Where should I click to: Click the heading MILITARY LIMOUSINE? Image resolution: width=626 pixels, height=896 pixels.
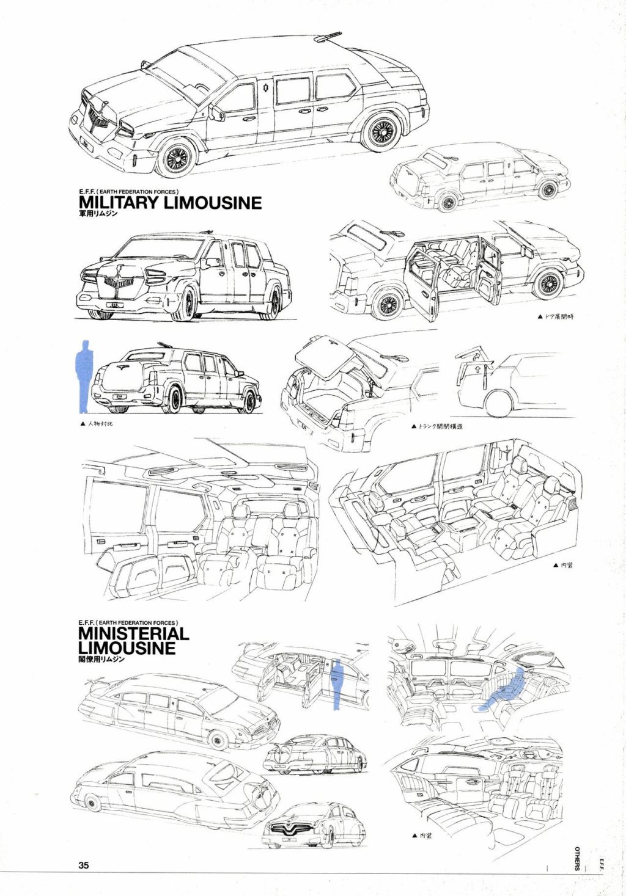(170, 202)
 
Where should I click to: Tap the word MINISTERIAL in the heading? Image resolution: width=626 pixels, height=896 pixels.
(133, 633)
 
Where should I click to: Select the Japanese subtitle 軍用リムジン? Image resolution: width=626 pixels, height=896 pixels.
(98, 214)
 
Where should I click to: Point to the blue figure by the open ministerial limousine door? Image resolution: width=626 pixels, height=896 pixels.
(336, 684)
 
